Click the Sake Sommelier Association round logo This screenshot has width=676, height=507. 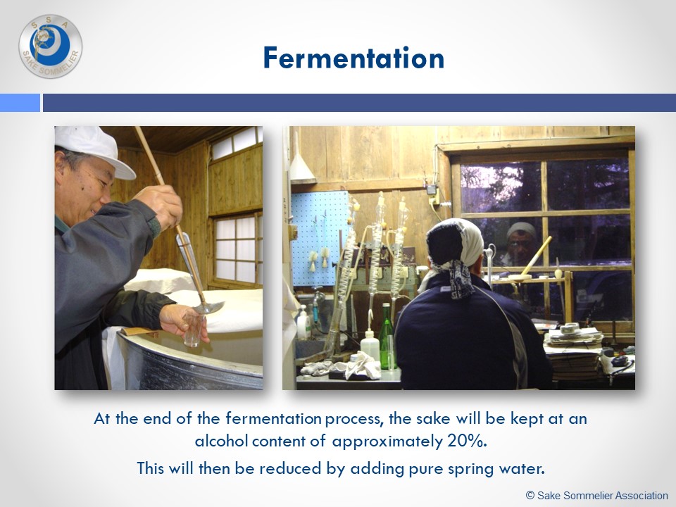[51, 46]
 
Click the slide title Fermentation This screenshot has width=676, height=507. [353, 58]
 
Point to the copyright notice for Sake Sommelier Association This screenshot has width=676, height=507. [597, 495]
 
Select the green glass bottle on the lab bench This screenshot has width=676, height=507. [387, 339]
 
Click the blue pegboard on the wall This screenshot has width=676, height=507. [320, 238]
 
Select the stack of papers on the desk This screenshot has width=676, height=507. [572, 351]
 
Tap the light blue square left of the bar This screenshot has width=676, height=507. [20, 103]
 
